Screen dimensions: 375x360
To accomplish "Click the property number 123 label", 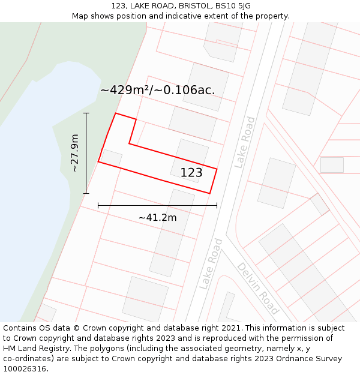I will pyautogui.click(x=191, y=173).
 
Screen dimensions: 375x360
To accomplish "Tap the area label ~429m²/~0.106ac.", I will pyautogui.click(x=157, y=90).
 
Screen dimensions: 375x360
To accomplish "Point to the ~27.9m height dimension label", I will pyautogui.click(x=75, y=153).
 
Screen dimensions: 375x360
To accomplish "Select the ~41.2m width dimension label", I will pyautogui.click(x=157, y=217).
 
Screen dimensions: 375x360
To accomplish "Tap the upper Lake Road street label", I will pyautogui.click(x=245, y=142).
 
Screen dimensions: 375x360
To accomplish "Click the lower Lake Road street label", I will pyautogui.click(x=211, y=264).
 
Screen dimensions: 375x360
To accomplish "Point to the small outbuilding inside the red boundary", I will pyautogui.click(x=112, y=158).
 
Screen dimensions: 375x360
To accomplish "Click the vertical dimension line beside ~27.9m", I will pyautogui.click(x=86, y=153).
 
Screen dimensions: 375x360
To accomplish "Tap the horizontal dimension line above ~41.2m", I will pyautogui.click(x=157, y=205).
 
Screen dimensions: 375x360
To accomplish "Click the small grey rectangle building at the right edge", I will pyautogui.click(x=332, y=165).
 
